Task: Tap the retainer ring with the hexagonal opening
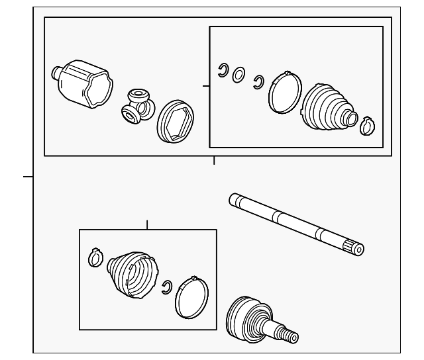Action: (x=174, y=121)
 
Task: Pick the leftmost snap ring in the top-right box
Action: (x=223, y=69)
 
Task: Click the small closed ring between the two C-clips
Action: (x=239, y=75)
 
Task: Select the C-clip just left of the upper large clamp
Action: (x=259, y=81)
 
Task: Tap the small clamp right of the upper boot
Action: (x=366, y=124)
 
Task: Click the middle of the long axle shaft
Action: (x=295, y=222)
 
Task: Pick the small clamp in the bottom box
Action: (x=95, y=257)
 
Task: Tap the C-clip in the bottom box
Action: (x=168, y=285)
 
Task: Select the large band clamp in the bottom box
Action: (x=191, y=296)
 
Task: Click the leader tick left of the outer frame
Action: (x=28, y=177)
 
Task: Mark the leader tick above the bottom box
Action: (x=146, y=224)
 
